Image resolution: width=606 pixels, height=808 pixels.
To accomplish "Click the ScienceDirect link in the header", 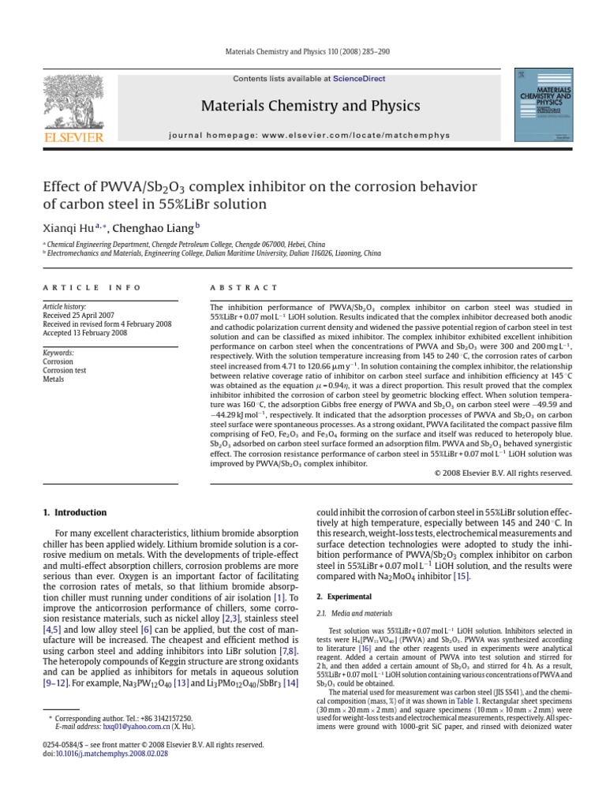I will point(353,79).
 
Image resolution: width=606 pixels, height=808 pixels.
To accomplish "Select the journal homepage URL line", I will point(309,135).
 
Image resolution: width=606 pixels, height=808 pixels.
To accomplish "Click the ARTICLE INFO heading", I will point(92,288).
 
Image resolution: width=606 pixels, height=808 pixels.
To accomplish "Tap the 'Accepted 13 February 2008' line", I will point(84,332).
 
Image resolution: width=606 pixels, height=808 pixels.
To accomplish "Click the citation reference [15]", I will point(460,577).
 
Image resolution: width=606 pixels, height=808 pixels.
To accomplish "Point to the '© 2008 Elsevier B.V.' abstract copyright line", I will point(503,473).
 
